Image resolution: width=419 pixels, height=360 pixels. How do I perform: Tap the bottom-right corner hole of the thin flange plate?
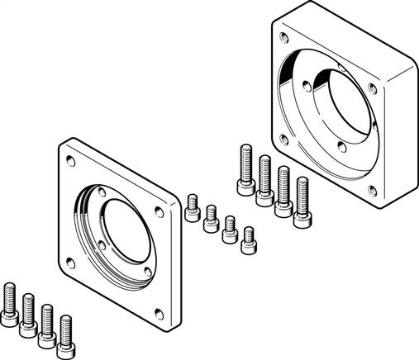point(147,272)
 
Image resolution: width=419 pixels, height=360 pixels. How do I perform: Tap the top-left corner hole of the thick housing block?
point(285,37)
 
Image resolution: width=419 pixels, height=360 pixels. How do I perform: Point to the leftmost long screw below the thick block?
point(245,170)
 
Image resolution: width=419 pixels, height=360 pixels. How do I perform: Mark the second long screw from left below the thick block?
point(264,179)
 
